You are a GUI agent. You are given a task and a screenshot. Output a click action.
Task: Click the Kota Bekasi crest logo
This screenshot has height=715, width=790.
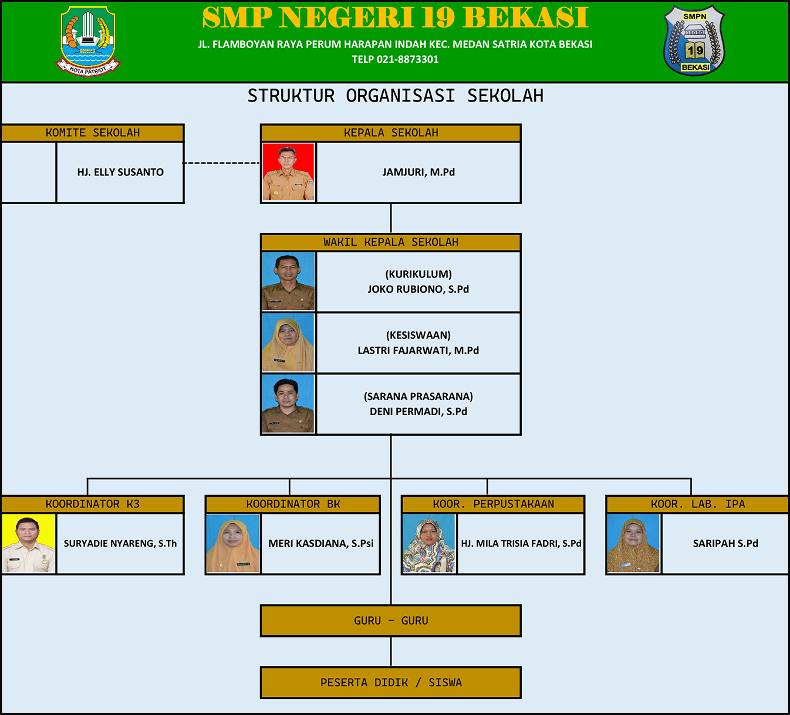point(87,41)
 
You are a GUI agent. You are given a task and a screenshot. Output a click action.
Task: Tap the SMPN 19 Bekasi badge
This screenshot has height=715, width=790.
point(694,40)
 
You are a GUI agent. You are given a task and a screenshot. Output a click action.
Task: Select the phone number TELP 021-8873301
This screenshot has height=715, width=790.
point(395,59)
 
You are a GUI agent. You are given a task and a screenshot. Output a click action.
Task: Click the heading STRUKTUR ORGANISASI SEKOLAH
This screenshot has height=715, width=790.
point(396,96)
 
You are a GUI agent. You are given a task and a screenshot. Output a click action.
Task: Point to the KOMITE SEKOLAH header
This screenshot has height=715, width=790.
point(93,133)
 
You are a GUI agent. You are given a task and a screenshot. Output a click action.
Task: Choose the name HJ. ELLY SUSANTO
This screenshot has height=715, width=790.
point(120,172)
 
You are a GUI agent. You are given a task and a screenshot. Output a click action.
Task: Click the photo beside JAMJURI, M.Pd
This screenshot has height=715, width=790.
point(288,172)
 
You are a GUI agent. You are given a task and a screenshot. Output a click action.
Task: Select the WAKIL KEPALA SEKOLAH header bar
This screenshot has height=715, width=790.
point(391,242)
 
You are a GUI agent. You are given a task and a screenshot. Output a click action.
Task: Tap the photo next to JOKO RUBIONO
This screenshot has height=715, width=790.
point(288,282)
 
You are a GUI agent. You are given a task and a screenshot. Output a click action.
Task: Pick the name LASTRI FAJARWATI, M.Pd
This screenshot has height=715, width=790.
point(418,350)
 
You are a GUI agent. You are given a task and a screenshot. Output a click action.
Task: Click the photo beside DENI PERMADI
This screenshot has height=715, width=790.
point(288,404)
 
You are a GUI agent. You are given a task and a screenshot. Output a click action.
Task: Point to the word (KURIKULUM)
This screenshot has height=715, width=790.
point(418,274)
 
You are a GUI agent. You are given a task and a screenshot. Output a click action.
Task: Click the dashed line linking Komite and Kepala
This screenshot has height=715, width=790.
point(221,163)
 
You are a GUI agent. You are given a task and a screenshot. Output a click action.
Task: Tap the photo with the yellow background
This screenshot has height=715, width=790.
point(29,543)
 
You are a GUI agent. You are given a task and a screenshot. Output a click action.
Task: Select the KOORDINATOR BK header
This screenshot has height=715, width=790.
point(293,504)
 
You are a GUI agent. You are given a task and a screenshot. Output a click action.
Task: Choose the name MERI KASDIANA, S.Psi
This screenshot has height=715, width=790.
point(320,543)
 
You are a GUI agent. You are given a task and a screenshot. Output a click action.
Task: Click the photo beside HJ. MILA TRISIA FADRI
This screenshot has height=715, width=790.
point(429,543)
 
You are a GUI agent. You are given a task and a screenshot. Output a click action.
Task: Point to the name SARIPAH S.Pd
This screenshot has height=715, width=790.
point(725,543)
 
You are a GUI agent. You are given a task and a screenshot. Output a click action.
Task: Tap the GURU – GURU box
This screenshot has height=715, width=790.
point(391,621)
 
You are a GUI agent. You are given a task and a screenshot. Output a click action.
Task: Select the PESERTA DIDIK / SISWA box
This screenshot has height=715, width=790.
point(391,683)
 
